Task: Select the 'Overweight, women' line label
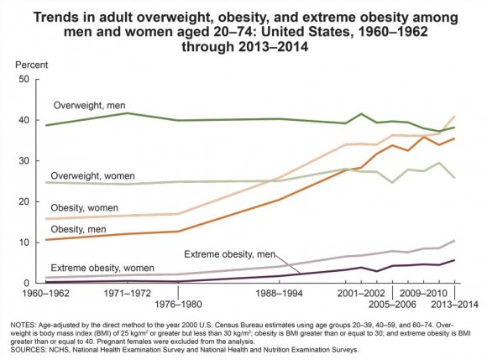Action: (x=92, y=176)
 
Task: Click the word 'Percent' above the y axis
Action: (x=24, y=65)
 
